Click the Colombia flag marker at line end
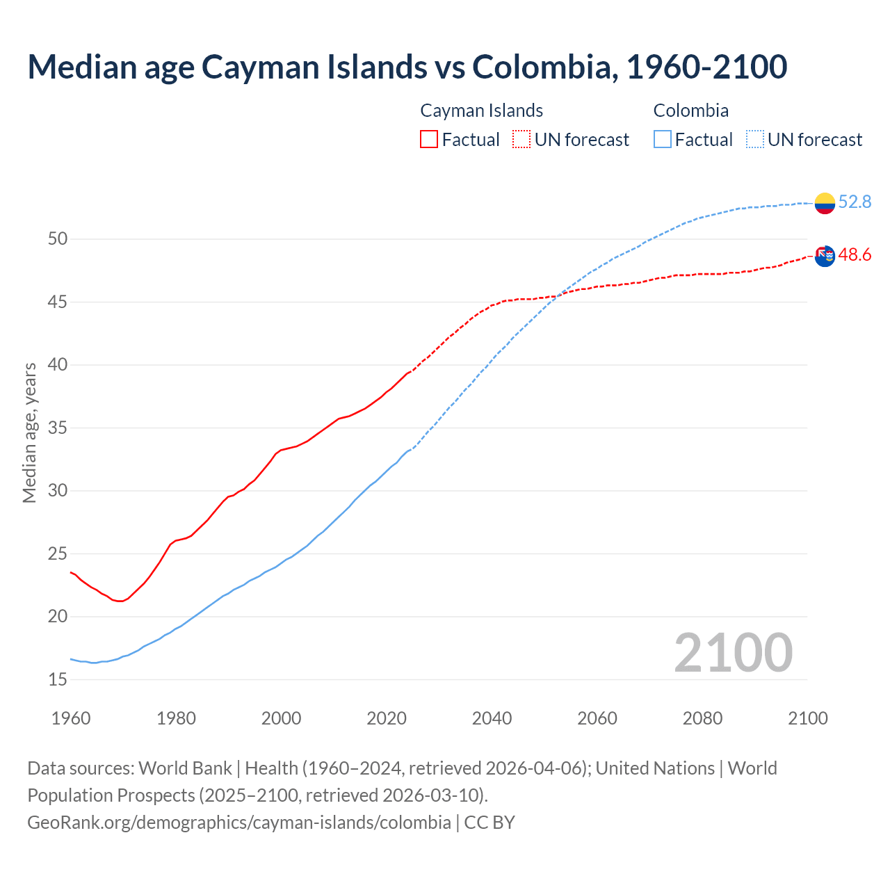pyautogui.click(x=825, y=203)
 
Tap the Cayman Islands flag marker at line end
pyautogui.click(x=825, y=256)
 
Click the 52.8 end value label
pyautogui.click(x=855, y=202)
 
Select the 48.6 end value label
pyautogui.click(x=855, y=255)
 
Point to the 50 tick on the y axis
pyautogui.click(x=58, y=239)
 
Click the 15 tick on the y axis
pyautogui.click(x=58, y=679)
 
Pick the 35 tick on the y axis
pyautogui.click(x=58, y=428)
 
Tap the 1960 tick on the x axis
pyautogui.click(x=71, y=718)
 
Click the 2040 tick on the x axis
pyautogui.click(x=492, y=718)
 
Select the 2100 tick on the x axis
pyautogui.click(x=807, y=718)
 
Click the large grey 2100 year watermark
pyautogui.click(x=733, y=652)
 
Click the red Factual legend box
pyautogui.click(x=429, y=139)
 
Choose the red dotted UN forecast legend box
pyautogui.click(x=521, y=139)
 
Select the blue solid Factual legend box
pyautogui.click(x=663, y=139)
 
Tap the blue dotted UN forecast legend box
pyautogui.click(x=754, y=139)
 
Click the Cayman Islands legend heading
pyautogui.click(x=481, y=111)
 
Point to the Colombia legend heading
pyautogui.click(x=690, y=111)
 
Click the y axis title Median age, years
pyautogui.click(x=29, y=432)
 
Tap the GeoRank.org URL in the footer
pyautogui.click(x=239, y=822)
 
